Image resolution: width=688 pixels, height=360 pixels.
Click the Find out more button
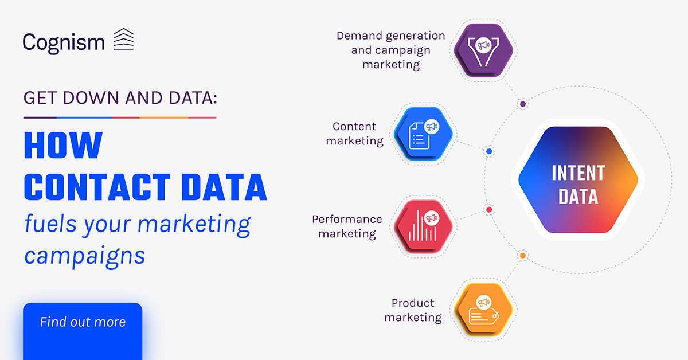(83, 331)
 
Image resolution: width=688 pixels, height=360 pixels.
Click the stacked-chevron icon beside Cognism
(123, 39)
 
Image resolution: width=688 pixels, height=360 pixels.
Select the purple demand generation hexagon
(483, 50)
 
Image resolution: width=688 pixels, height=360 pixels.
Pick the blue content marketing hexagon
(423, 134)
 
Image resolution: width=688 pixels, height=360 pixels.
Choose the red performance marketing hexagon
(423, 226)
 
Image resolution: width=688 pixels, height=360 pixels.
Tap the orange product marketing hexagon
(483, 310)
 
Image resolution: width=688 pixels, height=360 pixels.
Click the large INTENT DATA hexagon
(578, 180)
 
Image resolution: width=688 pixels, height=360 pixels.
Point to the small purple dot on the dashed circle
(523, 104)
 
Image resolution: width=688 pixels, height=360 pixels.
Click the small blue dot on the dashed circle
(489, 151)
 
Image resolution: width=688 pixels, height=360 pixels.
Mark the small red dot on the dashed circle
(489, 209)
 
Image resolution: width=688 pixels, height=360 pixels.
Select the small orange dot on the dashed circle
(523, 256)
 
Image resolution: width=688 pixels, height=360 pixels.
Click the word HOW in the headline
(63, 145)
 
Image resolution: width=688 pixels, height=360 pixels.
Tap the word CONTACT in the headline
(97, 187)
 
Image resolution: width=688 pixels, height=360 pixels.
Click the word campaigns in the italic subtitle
(84, 256)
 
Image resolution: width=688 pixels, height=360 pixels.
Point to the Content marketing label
(354, 134)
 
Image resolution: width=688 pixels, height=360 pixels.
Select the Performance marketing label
(347, 226)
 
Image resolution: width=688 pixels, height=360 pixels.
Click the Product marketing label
(413, 310)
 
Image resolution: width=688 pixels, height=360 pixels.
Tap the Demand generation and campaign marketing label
(390, 50)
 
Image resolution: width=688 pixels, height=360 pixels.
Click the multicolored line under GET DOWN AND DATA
(120, 118)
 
